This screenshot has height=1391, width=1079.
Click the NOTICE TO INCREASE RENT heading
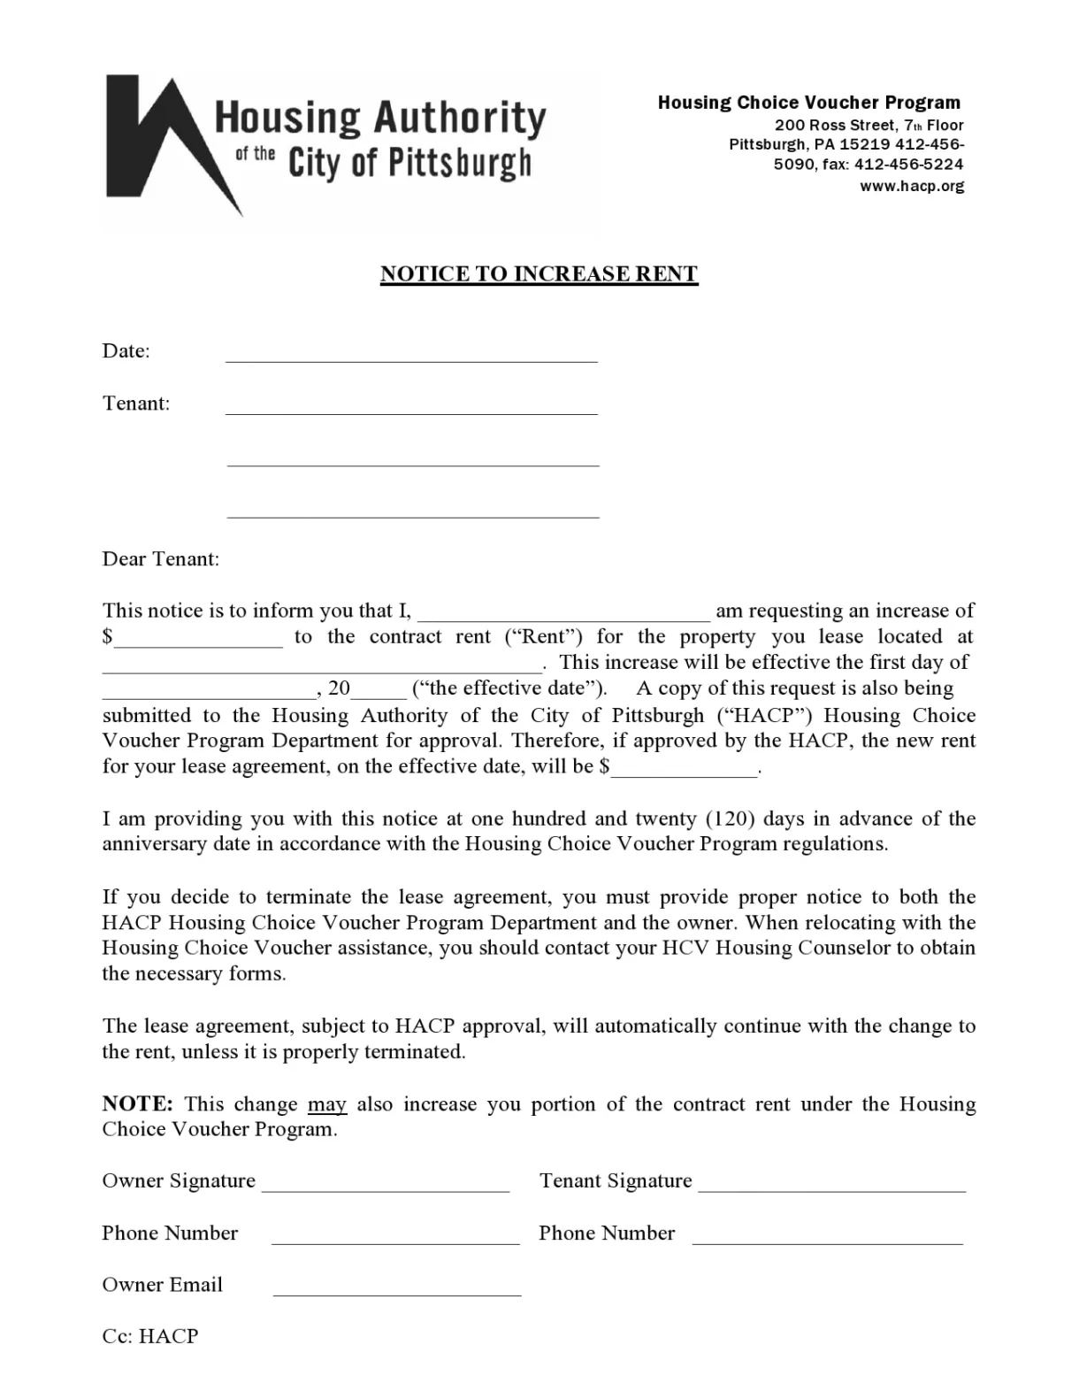click(x=539, y=274)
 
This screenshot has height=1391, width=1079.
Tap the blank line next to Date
click(x=411, y=358)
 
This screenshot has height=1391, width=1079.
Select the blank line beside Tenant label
click(x=411, y=411)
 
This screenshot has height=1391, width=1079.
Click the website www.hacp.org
click(x=912, y=186)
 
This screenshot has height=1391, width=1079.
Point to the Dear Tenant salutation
click(x=161, y=559)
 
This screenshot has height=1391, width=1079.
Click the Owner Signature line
click(x=386, y=1189)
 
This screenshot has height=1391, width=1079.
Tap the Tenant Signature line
click(x=831, y=1189)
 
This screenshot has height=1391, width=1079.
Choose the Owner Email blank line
click(x=397, y=1293)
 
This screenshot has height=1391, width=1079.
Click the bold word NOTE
click(x=137, y=1104)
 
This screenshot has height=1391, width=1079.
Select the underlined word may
click(x=327, y=1104)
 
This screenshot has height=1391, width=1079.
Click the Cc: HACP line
click(x=150, y=1336)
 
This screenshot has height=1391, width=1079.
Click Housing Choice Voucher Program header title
click(x=808, y=103)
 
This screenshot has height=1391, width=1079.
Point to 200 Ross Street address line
click(x=869, y=126)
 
